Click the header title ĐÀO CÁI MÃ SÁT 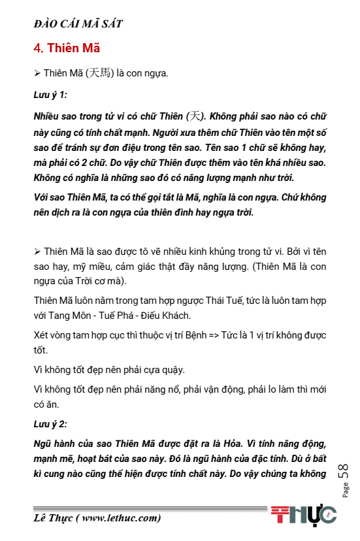[x=78, y=24]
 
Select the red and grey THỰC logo [x=304, y=515]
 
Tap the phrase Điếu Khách [x=171, y=316]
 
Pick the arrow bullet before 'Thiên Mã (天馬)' [x=37, y=73]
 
